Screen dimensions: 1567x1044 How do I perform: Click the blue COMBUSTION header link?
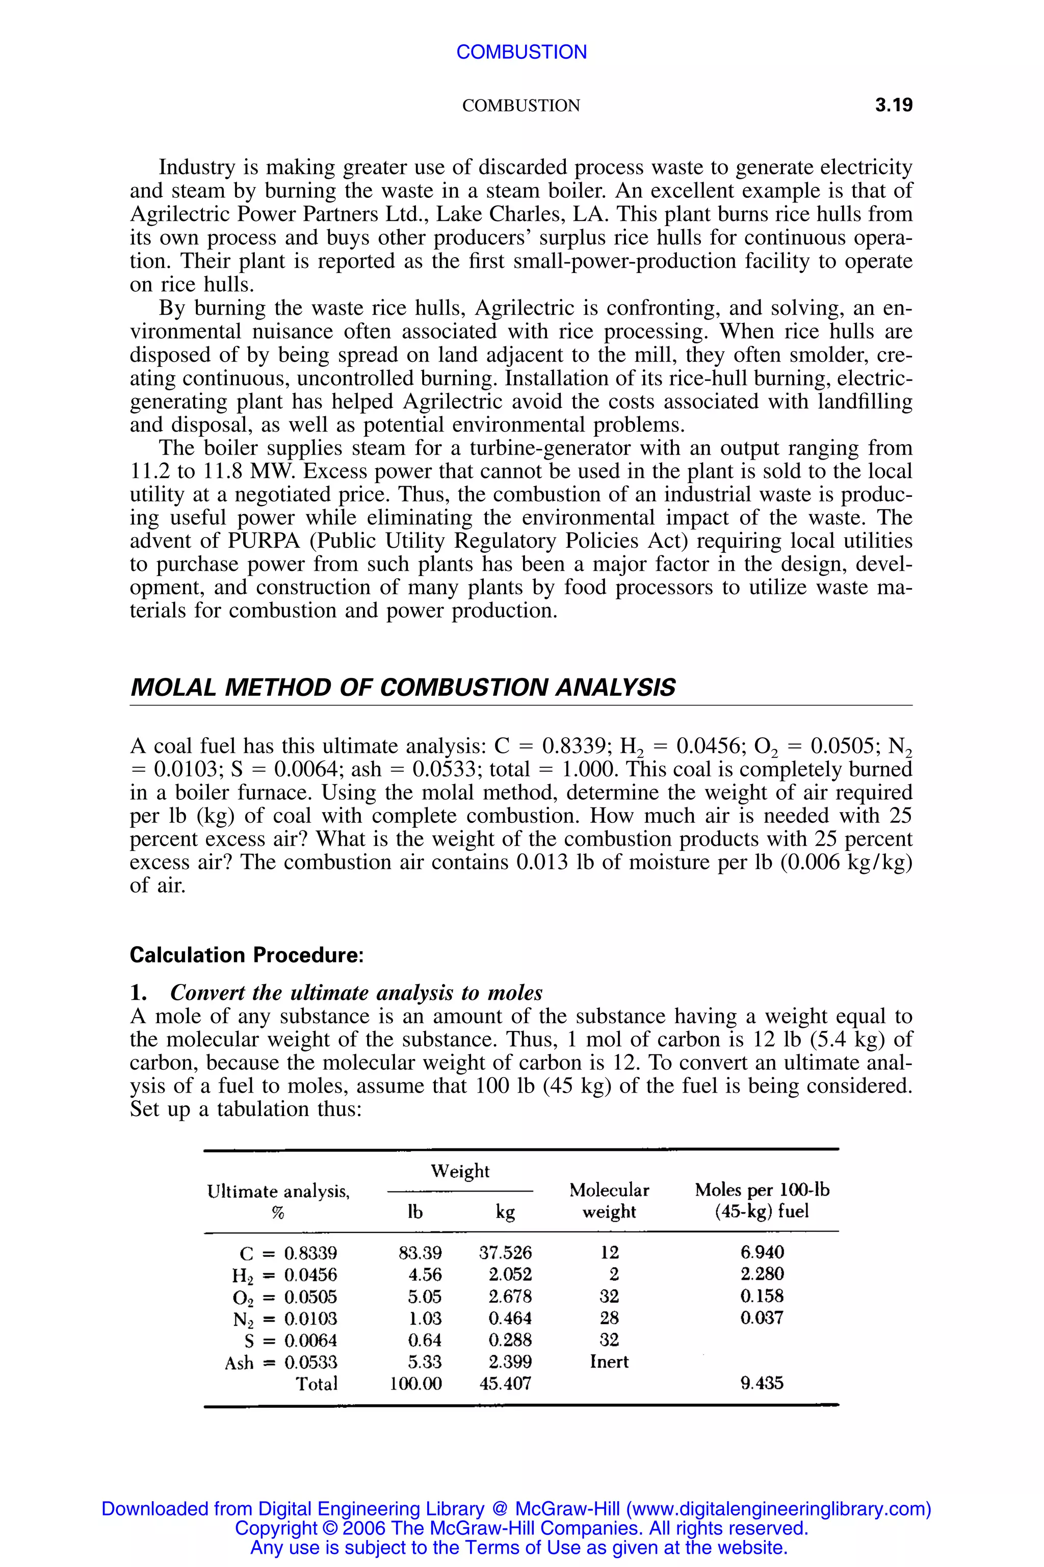pos(521,52)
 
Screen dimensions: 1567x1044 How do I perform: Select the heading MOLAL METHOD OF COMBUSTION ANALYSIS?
pos(402,687)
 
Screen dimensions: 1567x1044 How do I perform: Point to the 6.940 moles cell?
pos(762,1253)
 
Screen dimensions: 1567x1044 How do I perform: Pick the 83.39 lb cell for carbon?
pos(420,1253)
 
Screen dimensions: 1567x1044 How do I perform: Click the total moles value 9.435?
pos(762,1384)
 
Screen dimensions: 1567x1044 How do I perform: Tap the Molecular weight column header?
pos(609,1201)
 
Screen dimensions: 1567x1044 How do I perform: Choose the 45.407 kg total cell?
pos(505,1384)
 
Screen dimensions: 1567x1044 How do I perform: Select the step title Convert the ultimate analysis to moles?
pos(356,993)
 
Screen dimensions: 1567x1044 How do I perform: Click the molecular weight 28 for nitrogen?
pos(609,1318)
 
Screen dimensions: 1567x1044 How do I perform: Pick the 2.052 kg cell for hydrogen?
pos(509,1275)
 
